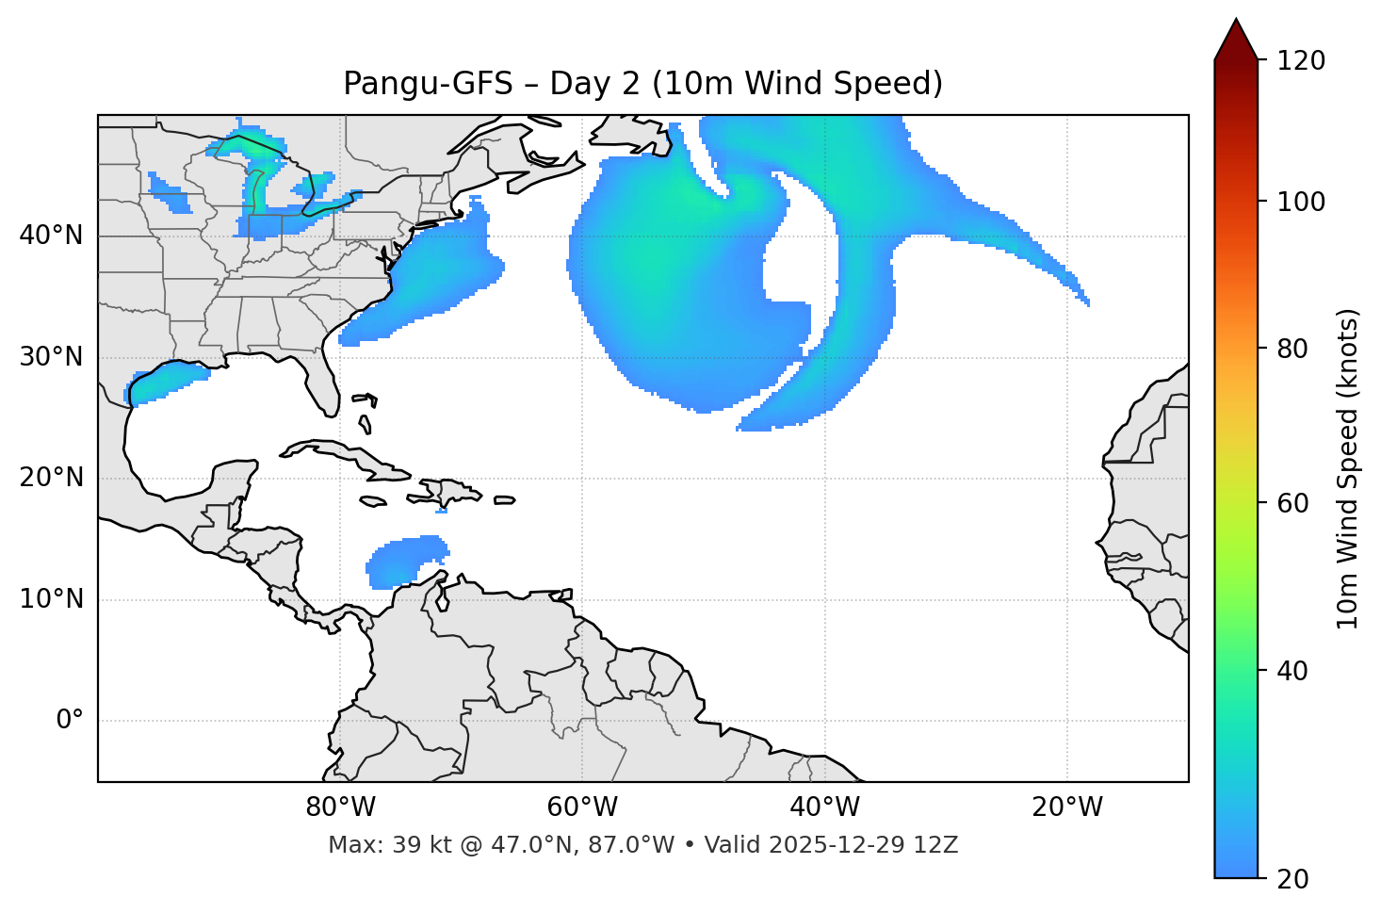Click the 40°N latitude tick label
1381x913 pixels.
[51, 236]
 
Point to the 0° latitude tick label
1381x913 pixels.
[69, 721]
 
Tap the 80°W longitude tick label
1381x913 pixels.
[340, 807]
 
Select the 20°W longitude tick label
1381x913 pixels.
[1067, 807]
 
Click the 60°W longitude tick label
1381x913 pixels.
[582, 807]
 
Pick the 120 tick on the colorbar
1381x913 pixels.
[1300, 61]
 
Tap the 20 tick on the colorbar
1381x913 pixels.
[1293, 879]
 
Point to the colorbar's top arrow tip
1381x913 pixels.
[1236, 20]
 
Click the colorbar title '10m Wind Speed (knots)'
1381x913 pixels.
[1348, 468]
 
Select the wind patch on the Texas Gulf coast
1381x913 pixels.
[165, 382]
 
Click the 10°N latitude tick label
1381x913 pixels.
[51, 599]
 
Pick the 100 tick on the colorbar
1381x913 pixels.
[1300, 202]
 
